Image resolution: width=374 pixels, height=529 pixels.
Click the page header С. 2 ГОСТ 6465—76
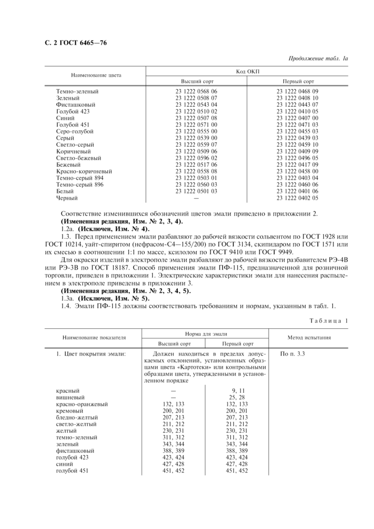74,43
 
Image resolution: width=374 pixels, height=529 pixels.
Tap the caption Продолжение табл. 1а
318,58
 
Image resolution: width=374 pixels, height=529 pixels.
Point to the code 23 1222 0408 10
298,98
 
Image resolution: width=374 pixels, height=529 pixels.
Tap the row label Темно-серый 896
80,185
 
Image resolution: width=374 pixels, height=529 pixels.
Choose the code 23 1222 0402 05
298,198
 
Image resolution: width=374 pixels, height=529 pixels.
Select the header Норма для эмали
206,333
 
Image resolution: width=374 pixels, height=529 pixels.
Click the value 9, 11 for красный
237,391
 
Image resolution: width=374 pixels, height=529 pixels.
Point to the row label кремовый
70,410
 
